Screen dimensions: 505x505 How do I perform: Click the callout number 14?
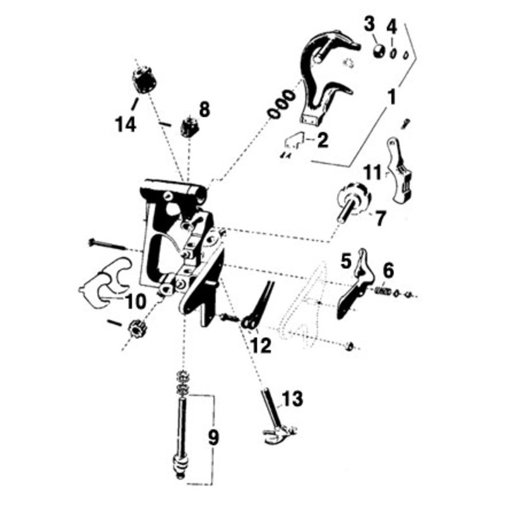point(126,124)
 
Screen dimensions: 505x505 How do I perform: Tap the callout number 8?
point(204,109)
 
